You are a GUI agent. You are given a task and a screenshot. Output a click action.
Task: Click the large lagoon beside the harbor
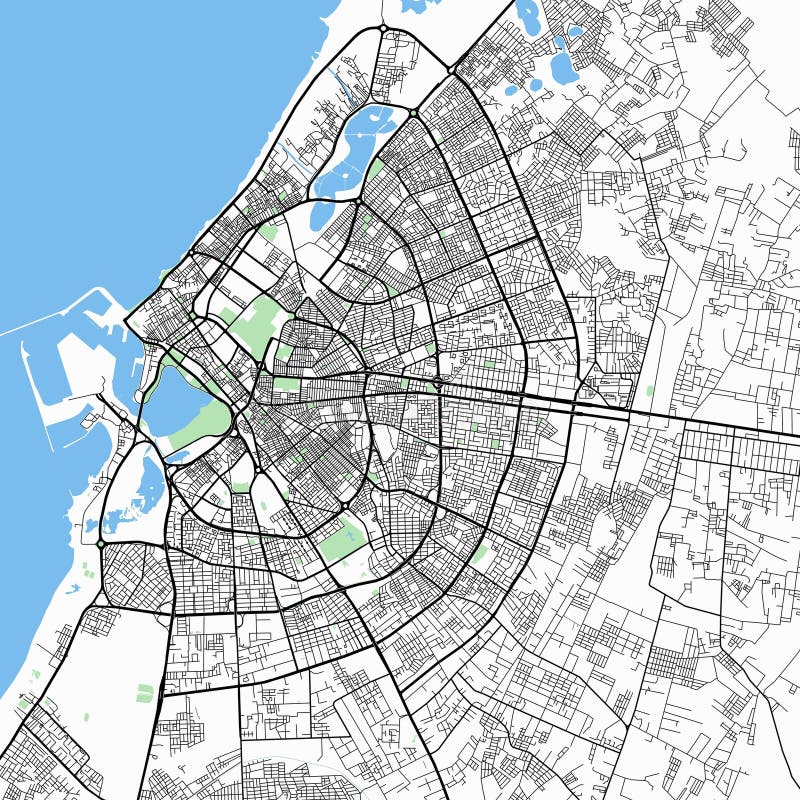tap(180, 400)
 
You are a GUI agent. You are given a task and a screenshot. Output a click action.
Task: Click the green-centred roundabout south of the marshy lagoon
tap(101, 542)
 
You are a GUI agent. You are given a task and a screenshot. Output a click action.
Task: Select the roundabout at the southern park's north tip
tap(344, 507)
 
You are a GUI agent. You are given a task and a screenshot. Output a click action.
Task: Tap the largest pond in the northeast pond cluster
tap(562, 65)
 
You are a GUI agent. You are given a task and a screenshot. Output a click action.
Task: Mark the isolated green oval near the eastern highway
tap(650, 390)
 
